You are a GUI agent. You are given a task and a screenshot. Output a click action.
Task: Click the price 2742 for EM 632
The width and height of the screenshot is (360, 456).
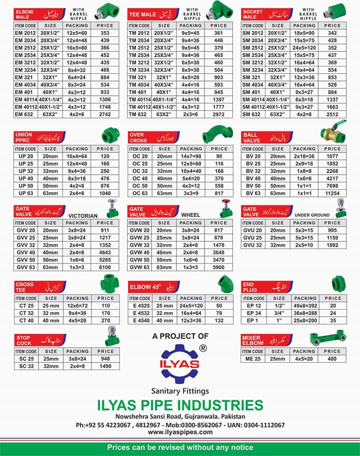(105, 114)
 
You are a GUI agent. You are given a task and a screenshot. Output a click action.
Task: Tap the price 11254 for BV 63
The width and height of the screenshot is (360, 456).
(332, 193)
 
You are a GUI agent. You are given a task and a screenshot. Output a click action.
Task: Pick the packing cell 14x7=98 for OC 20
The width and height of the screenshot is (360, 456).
(191, 156)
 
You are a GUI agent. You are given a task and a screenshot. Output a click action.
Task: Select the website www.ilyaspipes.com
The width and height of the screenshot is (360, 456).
(180, 432)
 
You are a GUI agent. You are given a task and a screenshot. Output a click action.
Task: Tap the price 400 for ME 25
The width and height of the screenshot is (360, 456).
(332, 359)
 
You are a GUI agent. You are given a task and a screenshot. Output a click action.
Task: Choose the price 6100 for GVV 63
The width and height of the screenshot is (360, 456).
(105, 268)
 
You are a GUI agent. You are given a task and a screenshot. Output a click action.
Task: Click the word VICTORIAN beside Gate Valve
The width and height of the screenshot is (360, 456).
(83, 216)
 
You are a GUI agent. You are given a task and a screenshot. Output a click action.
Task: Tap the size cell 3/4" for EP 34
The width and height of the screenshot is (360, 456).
(277, 313)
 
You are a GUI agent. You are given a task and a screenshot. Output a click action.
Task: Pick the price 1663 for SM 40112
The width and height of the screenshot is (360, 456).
(332, 107)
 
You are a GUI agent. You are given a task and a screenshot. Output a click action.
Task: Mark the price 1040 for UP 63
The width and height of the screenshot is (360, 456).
(105, 193)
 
